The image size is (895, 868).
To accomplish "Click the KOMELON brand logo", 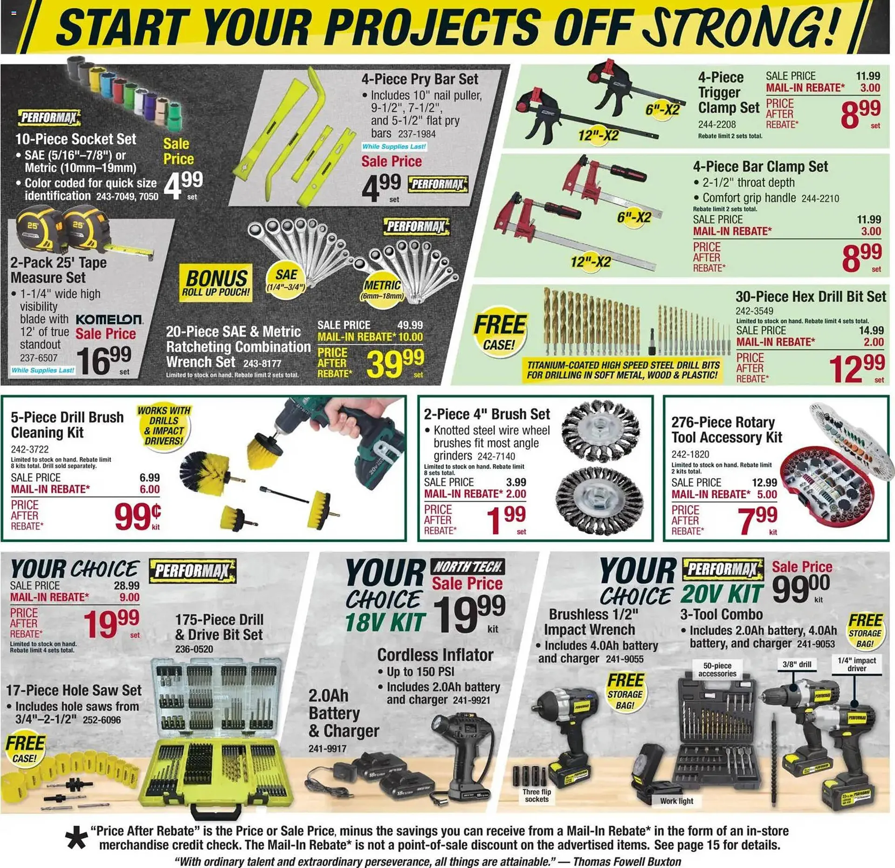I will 109,320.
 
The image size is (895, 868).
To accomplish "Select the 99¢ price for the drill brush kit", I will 138,516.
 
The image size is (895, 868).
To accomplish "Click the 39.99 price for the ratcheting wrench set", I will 395,363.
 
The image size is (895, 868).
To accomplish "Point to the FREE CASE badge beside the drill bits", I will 499,330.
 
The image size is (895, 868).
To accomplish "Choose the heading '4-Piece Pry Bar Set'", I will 420,79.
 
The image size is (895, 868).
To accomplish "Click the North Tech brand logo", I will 468,567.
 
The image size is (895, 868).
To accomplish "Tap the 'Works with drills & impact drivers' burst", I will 164,425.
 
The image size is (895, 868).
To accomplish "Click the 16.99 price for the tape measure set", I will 103,360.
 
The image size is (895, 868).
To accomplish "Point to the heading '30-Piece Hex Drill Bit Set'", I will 811,297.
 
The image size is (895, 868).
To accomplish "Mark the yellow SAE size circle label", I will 286,279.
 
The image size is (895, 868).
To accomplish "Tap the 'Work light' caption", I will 676,801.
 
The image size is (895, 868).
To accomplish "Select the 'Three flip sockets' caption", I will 537,795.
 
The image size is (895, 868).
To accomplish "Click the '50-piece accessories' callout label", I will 717,670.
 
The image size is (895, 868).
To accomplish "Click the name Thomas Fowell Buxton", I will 627,861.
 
